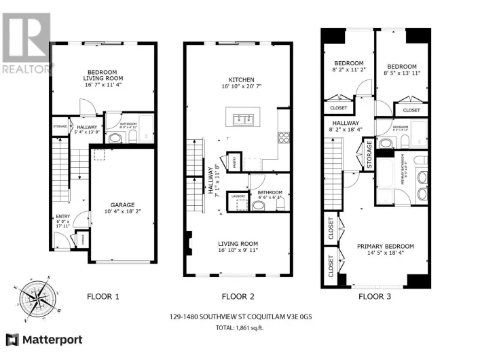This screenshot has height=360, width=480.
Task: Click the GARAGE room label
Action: [122, 204]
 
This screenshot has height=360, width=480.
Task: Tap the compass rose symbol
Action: [37, 297]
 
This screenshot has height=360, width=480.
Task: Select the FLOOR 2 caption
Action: [238, 297]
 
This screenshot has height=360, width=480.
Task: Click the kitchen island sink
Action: [242, 120]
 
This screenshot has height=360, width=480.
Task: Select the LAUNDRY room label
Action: [238, 196]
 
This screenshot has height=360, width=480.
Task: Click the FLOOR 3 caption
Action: [375, 297]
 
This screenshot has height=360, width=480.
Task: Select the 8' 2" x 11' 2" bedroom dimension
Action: [348, 69]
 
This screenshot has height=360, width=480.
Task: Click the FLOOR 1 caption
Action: [103, 297]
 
